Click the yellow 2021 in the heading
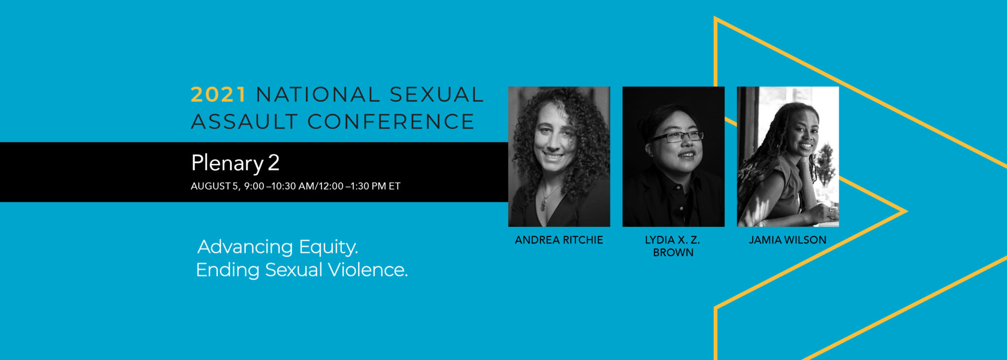point(218,94)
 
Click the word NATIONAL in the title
point(317,94)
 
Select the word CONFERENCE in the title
point(391,121)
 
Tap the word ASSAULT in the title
point(244,121)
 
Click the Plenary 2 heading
point(235,163)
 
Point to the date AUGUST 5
point(214,186)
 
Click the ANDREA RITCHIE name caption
point(559,240)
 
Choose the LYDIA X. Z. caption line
point(673,240)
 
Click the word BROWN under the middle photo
point(673,252)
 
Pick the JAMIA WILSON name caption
point(788,240)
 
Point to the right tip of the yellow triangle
point(907,211)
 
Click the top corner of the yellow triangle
point(715,18)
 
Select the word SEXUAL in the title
point(437,94)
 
